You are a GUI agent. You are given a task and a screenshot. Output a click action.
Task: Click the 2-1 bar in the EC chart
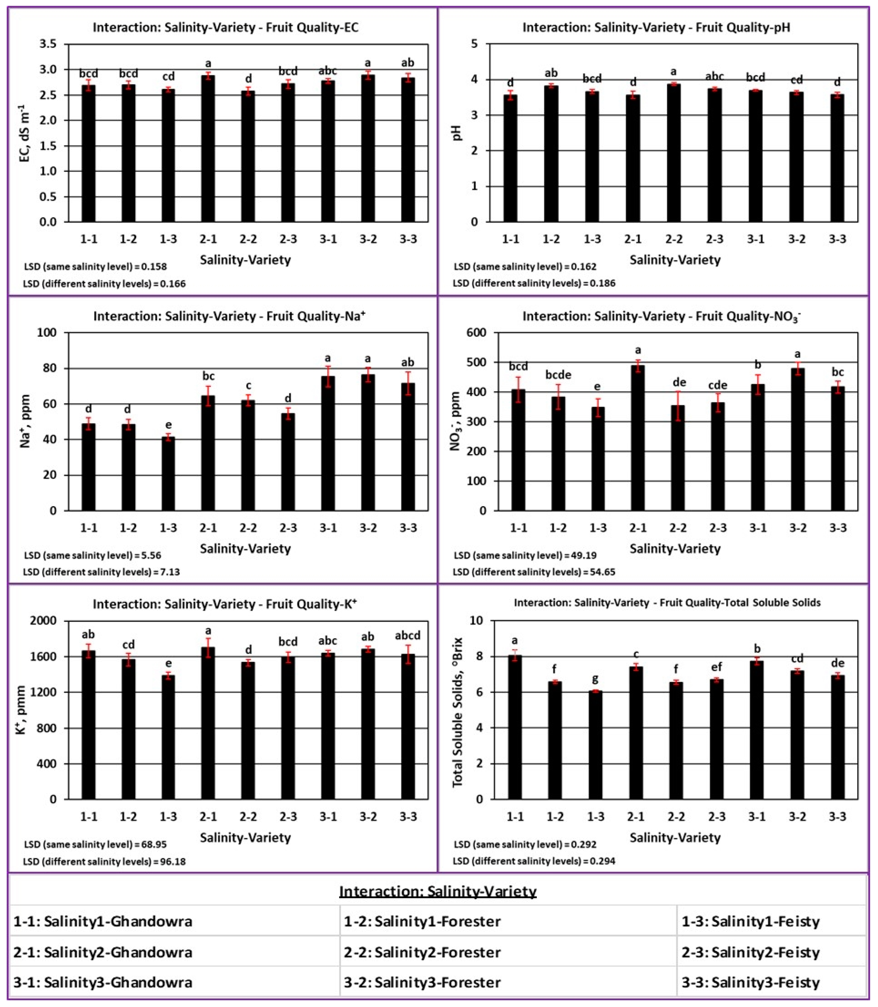point(208,150)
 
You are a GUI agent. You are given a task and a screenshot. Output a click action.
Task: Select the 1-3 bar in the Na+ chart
point(168,473)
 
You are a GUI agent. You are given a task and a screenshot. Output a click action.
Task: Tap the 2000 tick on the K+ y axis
point(44,621)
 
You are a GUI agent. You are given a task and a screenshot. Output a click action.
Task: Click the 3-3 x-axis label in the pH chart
point(837,239)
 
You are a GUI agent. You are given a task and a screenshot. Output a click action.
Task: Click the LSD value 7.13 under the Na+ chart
point(168,572)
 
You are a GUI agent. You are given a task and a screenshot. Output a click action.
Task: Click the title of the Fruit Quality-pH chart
point(656,27)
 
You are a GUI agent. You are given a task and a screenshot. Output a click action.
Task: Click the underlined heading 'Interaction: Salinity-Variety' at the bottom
point(438,891)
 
